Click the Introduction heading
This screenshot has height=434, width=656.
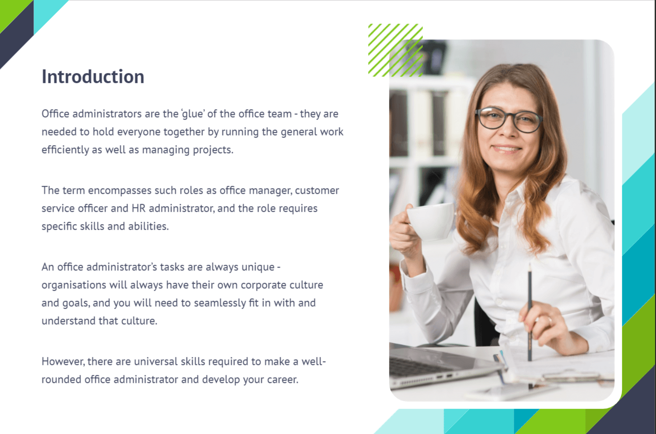(x=93, y=77)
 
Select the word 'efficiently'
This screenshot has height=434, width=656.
(x=65, y=150)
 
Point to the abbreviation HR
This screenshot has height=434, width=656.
(x=138, y=208)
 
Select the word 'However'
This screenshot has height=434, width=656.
(x=63, y=362)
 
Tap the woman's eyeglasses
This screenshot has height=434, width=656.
(x=509, y=120)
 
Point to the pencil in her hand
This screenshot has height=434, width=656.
(x=530, y=312)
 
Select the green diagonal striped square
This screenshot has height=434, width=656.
(x=395, y=50)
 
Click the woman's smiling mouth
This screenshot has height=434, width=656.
(x=507, y=149)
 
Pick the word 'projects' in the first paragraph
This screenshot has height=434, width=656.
(x=213, y=150)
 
